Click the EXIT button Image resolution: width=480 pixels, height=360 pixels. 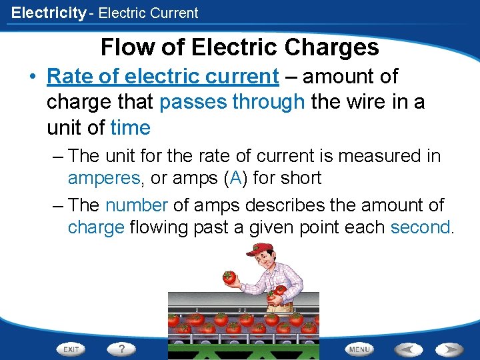(71, 349)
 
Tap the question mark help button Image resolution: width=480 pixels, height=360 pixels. (121, 349)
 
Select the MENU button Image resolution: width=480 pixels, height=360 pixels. (359, 349)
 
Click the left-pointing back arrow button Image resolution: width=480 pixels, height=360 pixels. (408, 349)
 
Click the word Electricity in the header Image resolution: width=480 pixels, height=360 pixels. (49, 13)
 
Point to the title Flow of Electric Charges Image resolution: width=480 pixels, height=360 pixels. (240, 47)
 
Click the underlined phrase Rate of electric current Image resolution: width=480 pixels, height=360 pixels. (163, 77)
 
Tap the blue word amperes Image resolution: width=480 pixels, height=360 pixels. (103, 178)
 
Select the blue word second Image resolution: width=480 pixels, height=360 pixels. (420, 227)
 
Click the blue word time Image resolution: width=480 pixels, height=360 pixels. (131, 127)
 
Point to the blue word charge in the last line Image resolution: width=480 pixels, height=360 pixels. (96, 227)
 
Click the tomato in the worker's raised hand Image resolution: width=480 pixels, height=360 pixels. (229, 277)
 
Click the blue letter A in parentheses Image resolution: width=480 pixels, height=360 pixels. (234, 178)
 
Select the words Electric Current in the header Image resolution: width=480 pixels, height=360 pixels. (148, 13)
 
